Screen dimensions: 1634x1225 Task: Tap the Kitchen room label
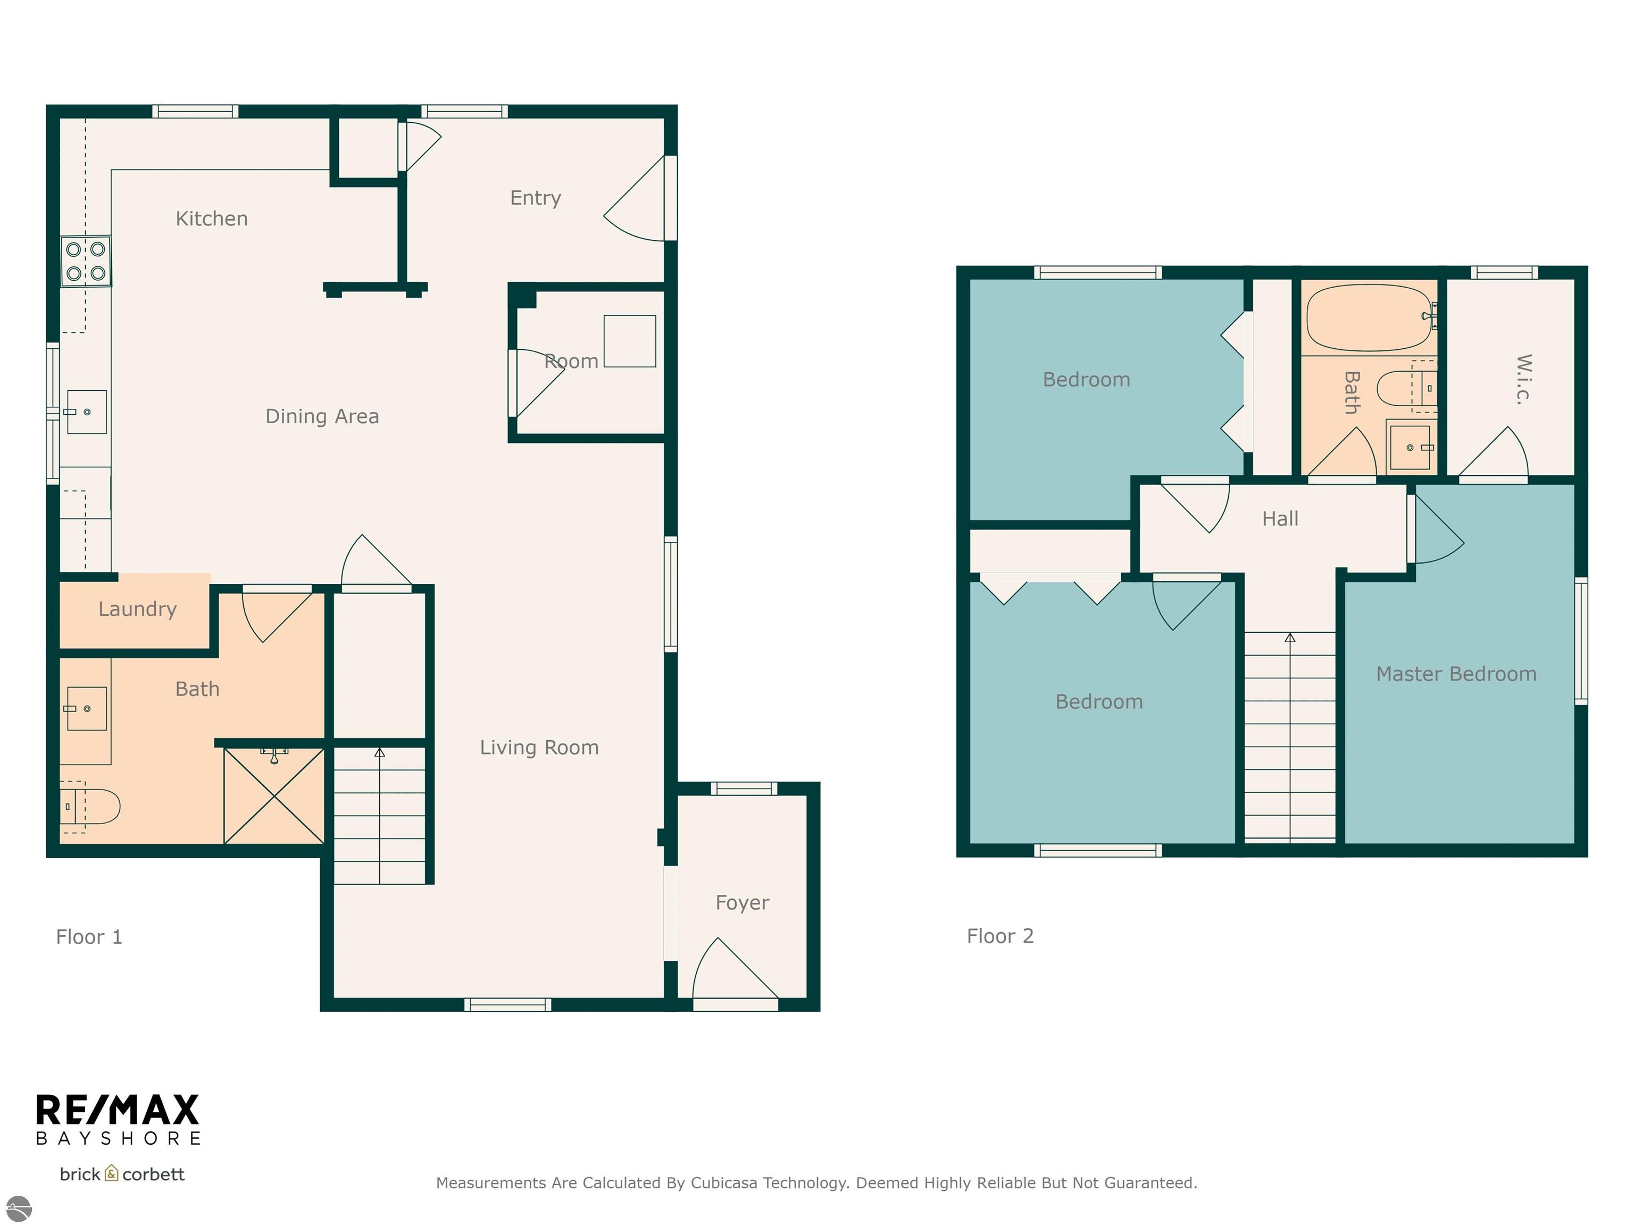coord(212,219)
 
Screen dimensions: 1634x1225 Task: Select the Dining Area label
coord(322,416)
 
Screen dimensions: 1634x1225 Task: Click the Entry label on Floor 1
coord(536,198)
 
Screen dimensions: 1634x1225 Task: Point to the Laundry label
coord(137,609)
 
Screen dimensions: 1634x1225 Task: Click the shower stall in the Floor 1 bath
coord(274,795)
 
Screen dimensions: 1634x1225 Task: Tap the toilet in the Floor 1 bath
coord(89,807)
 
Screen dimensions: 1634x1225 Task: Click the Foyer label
coord(743,903)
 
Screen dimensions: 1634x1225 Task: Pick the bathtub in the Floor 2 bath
coord(1370,317)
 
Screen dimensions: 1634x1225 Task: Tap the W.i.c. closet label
coord(1523,379)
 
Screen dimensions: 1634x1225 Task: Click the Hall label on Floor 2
coord(1280,519)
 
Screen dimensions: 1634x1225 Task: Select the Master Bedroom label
coord(1456,674)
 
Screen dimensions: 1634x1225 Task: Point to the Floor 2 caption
coord(1000,936)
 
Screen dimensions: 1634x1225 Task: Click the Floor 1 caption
coord(89,937)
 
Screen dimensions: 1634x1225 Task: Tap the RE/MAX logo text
coord(118,1110)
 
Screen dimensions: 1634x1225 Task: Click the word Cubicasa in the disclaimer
coord(723,1183)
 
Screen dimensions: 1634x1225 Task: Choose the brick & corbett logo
coord(122,1174)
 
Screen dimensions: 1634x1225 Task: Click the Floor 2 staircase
coord(1290,737)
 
